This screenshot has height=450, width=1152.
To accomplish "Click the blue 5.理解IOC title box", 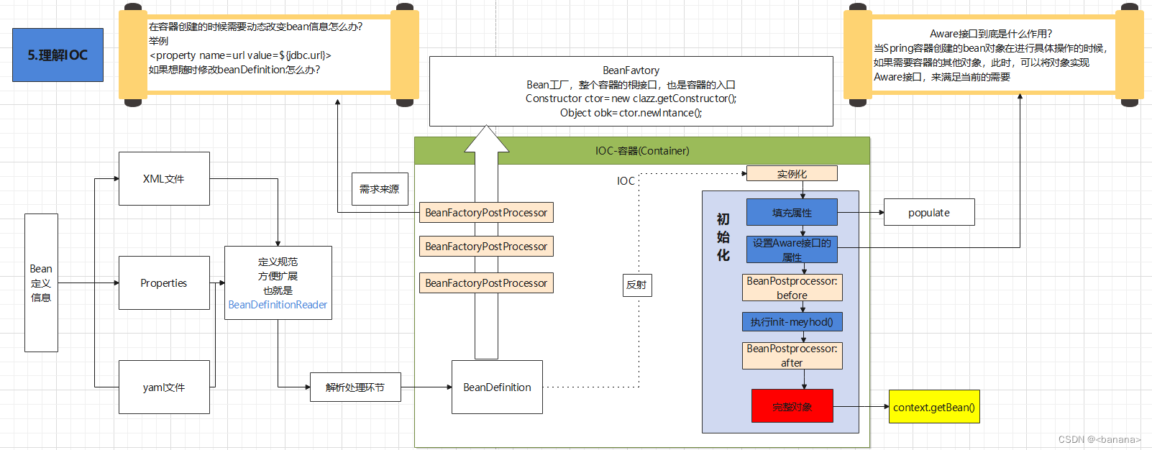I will tap(58, 55).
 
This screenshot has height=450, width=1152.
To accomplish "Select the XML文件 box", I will tap(164, 178).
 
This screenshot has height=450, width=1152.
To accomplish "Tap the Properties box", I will tap(164, 283).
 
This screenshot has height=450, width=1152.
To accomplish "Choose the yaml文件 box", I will tap(164, 387).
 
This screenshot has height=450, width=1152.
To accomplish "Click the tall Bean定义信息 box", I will tap(41, 283).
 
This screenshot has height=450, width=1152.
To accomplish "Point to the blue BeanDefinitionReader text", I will tap(278, 305).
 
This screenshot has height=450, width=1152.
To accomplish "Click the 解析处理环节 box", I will tap(355, 387).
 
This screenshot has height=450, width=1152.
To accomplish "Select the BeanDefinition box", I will tap(497, 387).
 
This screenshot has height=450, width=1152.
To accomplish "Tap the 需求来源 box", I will tap(380, 188).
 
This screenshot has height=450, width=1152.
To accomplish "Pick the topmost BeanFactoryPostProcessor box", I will tap(486, 213).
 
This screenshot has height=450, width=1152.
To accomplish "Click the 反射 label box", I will tap(636, 285).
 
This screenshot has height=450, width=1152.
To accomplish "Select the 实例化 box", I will tap(792, 173).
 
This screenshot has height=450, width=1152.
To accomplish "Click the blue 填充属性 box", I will tap(792, 212).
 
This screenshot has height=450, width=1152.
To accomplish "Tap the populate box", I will tap(929, 212).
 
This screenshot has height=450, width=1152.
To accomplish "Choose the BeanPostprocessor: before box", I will tap(792, 288).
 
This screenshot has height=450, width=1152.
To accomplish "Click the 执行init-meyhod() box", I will tap(792, 321).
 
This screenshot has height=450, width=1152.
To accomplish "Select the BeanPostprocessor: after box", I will tap(792, 355).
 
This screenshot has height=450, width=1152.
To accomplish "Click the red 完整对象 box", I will tap(792, 406).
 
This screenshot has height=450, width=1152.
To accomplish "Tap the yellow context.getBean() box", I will tap(934, 407).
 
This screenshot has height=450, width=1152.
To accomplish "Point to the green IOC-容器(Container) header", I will tap(642, 151).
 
